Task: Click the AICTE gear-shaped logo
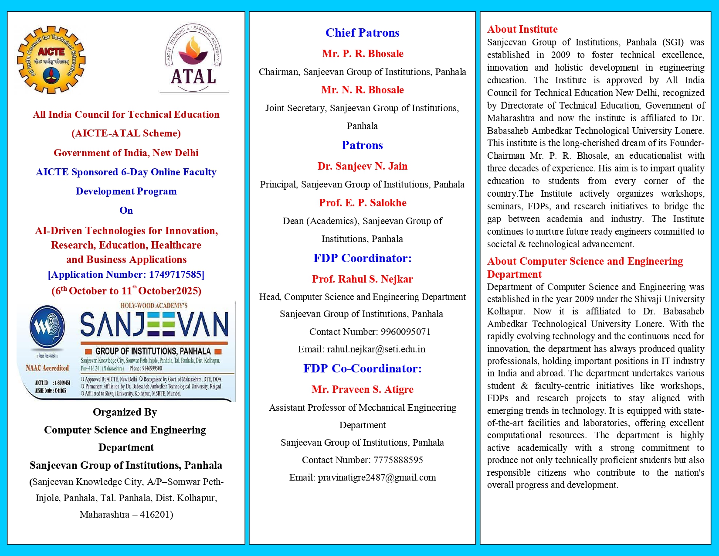coord(51,60)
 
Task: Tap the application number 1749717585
coord(175,274)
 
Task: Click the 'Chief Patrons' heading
coord(362,33)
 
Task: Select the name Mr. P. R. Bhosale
coord(362,54)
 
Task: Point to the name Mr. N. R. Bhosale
coord(362,90)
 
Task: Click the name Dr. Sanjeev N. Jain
coord(362,166)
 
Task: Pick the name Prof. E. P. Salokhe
coord(362,203)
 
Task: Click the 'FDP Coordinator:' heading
coord(362,258)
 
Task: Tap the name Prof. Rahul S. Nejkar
coord(362,279)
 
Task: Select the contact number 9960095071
coord(405,332)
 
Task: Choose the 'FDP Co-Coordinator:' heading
coord(362,368)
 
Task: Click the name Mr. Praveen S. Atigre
coord(362,389)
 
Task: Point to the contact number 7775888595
coord(398,460)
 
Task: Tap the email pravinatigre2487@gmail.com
coord(376,478)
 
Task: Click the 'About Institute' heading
coord(522,29)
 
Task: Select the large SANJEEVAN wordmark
coord(154,325)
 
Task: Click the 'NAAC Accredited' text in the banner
coord(47,368)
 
